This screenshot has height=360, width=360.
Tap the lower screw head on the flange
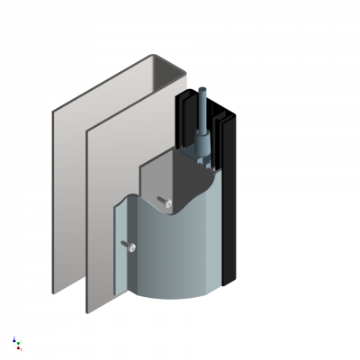point(129,246)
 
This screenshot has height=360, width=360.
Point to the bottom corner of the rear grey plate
point(54,292)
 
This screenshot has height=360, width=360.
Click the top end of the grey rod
point(202,90)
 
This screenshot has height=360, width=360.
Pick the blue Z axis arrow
point(13,339)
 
